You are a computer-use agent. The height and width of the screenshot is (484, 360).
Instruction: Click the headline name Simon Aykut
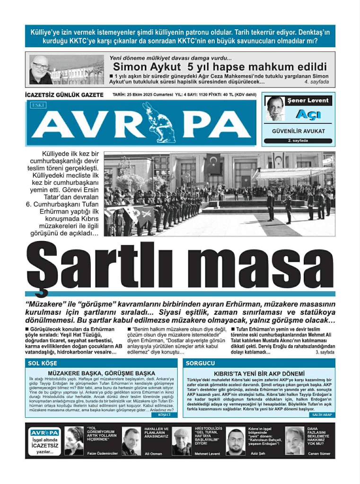pos(147,66)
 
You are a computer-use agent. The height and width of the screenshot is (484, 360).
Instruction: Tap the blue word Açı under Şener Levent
pos(307,114)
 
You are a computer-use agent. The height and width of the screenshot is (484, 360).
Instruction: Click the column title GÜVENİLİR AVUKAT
pos(298,131)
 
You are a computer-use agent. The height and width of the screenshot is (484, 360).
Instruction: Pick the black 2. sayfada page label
pos(298,140)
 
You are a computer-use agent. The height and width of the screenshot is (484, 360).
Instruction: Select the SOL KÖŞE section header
pos(43,363)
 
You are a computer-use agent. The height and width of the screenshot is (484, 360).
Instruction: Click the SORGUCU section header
pos(201,363)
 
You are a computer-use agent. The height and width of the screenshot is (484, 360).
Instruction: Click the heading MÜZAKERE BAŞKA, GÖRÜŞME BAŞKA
pos(101,373)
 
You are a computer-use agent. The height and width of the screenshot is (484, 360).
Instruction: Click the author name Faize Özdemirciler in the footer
pos(102,453)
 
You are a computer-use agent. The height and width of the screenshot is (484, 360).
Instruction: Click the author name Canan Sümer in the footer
pos(318,453)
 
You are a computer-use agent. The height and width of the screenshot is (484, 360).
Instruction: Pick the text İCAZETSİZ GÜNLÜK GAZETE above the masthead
pos(64,95)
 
